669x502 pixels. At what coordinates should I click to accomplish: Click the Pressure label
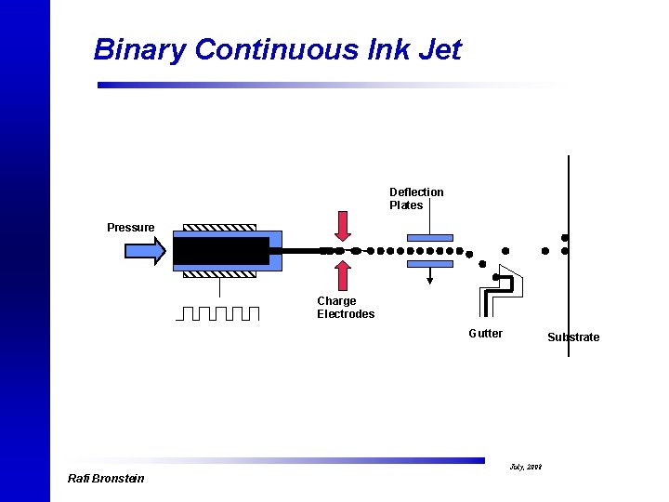[x=131, y=228]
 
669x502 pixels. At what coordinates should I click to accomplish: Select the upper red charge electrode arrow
[x=343, y=226]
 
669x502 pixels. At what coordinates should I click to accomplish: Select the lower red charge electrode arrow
[x=343, y=275]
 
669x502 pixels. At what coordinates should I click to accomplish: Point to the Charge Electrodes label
[x=346, y=308]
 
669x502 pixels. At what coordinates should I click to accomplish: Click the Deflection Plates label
[x=416, y=199]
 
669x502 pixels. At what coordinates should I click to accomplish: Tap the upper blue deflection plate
[x=430, y=236]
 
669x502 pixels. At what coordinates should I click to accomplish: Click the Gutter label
[x=485, y=334]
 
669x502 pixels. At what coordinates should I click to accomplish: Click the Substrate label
[x=573, y=337]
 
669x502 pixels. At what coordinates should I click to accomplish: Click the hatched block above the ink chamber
[x=219, y=227]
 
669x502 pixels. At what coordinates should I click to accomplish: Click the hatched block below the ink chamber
[x=219, y=274]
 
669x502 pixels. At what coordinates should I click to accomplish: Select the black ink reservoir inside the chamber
[x=221, y=251]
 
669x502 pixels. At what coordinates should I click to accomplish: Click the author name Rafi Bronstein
[x=106, y=479]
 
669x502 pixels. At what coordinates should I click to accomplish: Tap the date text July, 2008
[x=525, y=467]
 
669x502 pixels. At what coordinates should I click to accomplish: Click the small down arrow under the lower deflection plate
[x=430, y=276]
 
